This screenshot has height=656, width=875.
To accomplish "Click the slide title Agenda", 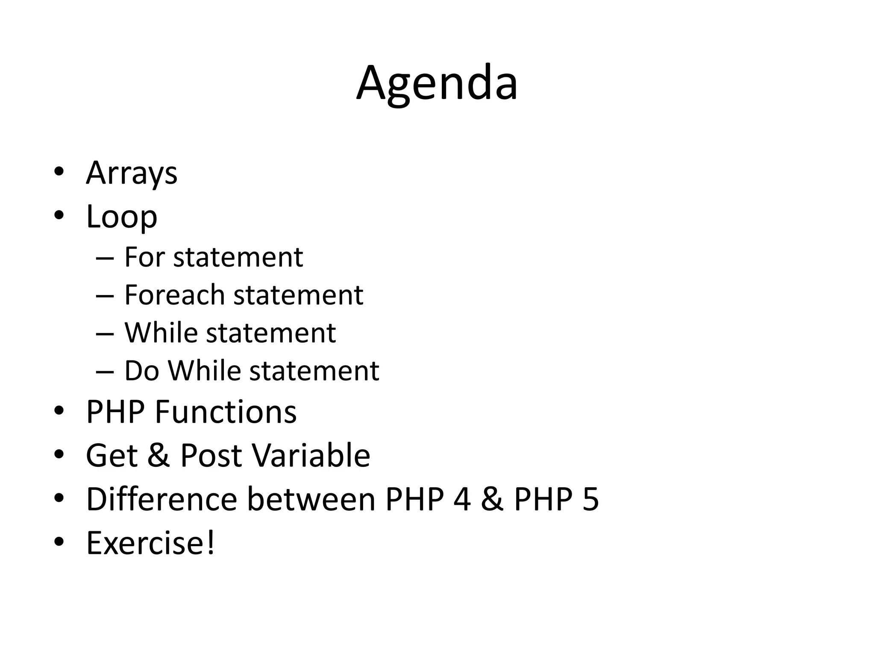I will pos(437,84).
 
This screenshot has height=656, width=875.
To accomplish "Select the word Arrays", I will pos(132,173).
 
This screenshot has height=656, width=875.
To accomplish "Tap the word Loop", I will pos(122,217).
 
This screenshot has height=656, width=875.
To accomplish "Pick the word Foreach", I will pos(174,295).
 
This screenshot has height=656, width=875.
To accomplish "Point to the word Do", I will pos(141,370).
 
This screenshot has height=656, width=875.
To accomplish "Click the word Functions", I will pos(226,412).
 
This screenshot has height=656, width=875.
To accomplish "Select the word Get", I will pos(112,455).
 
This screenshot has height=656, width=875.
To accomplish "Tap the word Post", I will pos(211,455).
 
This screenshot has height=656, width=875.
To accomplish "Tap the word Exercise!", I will pos(150,543).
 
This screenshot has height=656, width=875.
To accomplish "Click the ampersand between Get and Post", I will pos(159,455).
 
